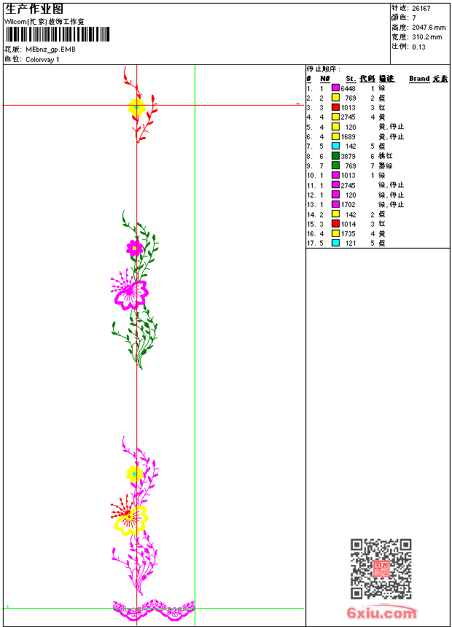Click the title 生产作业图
[x=34, y=9]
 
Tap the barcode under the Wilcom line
[x=58, y=34]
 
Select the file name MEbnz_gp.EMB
[x=51, y=50]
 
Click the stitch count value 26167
[x=421, y=9]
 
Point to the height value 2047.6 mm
[x=428, y=27]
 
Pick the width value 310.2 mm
[x=426, y=36]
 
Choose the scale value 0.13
[x=418, y=46]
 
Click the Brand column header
[x=419, y=79]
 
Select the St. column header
[x=351, y=79]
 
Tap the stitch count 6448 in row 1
[x=348, y=88]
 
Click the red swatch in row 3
[x=335, y=107]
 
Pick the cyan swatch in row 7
[x=335, y=146]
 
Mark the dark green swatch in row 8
[x=335, y=156]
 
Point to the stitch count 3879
[x=348, y=156]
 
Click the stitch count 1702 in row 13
[x=348, y=205]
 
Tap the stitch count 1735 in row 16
[x=348, y=233]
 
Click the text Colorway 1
[x=43, y=60]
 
